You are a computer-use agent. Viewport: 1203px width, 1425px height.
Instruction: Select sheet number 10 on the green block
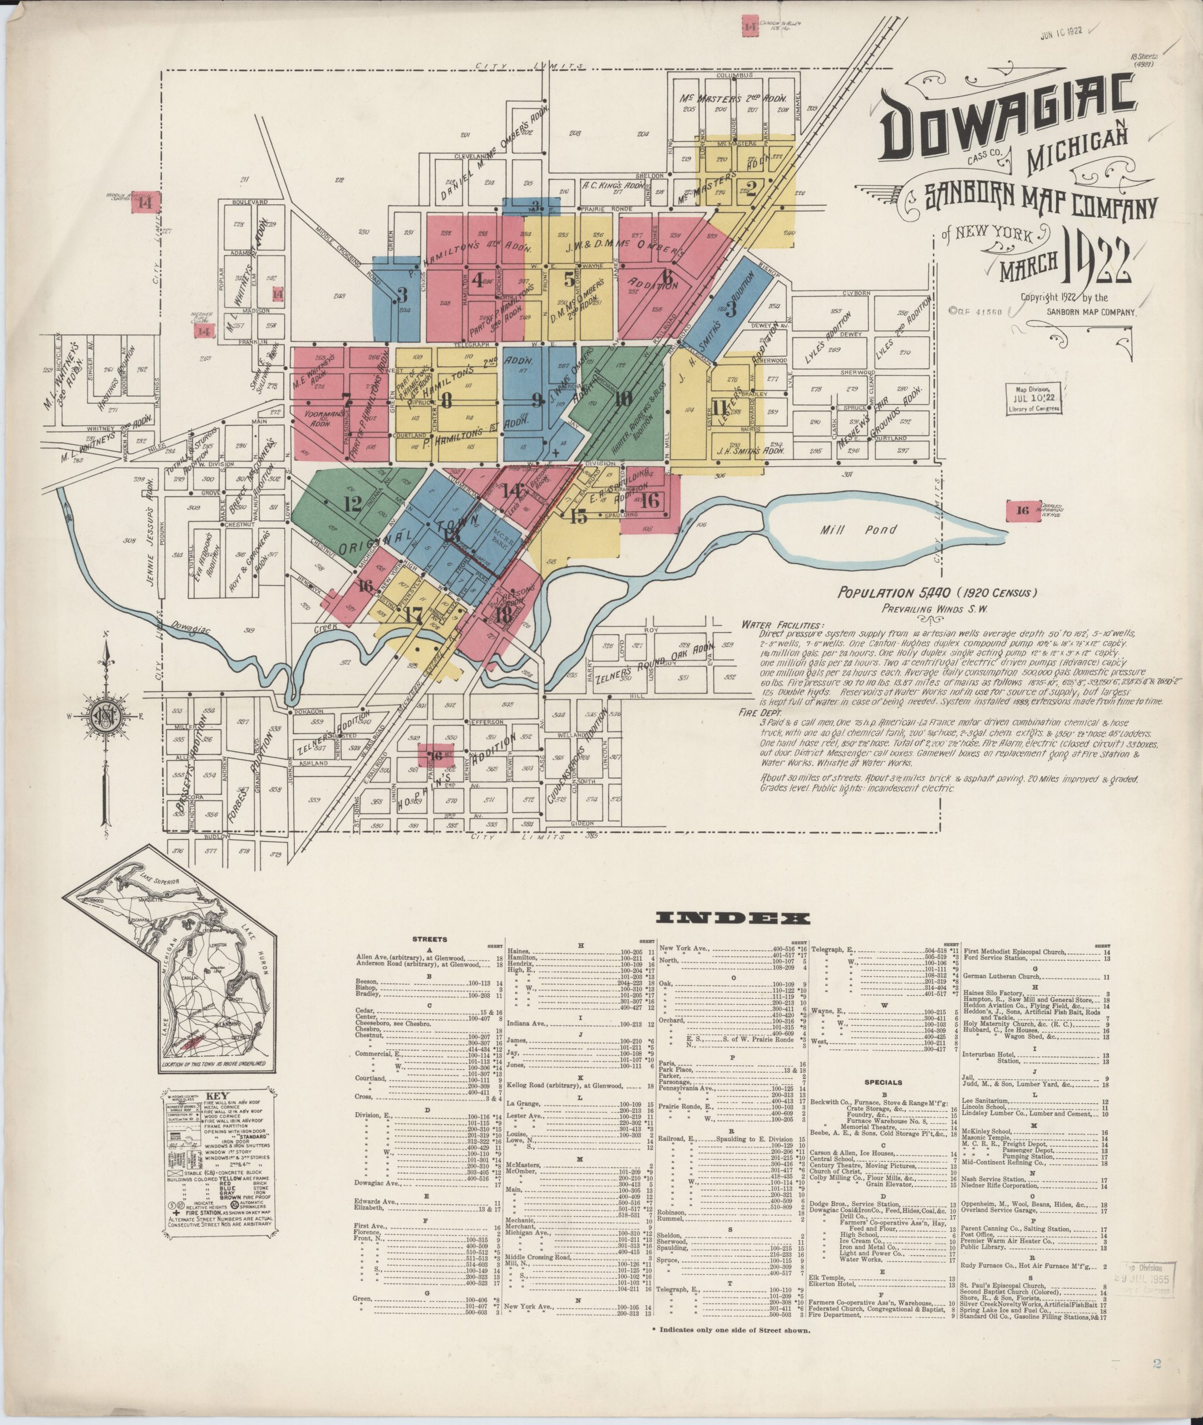click(x=623, y=399)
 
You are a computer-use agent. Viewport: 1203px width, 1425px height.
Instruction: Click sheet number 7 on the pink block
click(x=347, y=399)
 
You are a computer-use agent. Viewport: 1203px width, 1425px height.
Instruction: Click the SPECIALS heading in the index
click(x=883, y=1083)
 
